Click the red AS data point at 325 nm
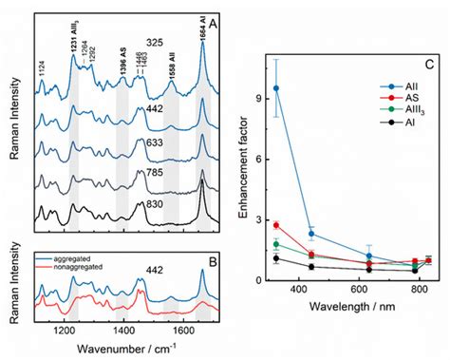[x=276, y=225]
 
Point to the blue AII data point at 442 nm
[x=311, y=234]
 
